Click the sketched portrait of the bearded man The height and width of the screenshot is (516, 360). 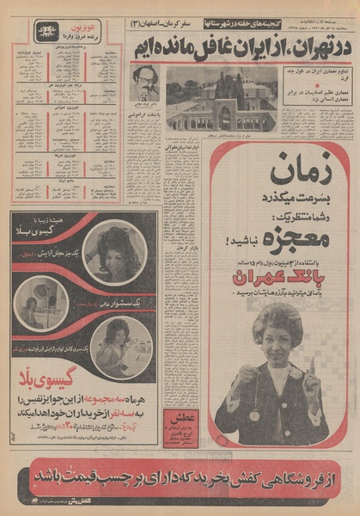pos(146,83)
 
